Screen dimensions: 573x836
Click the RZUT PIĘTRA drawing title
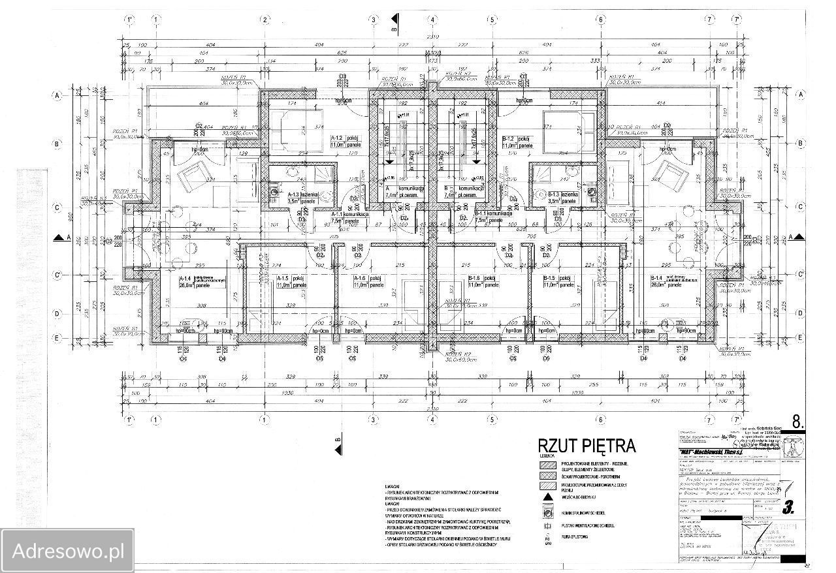point(586,446)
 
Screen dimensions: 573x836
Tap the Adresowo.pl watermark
point(69,550)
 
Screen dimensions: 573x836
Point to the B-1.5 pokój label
point(560,281)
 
